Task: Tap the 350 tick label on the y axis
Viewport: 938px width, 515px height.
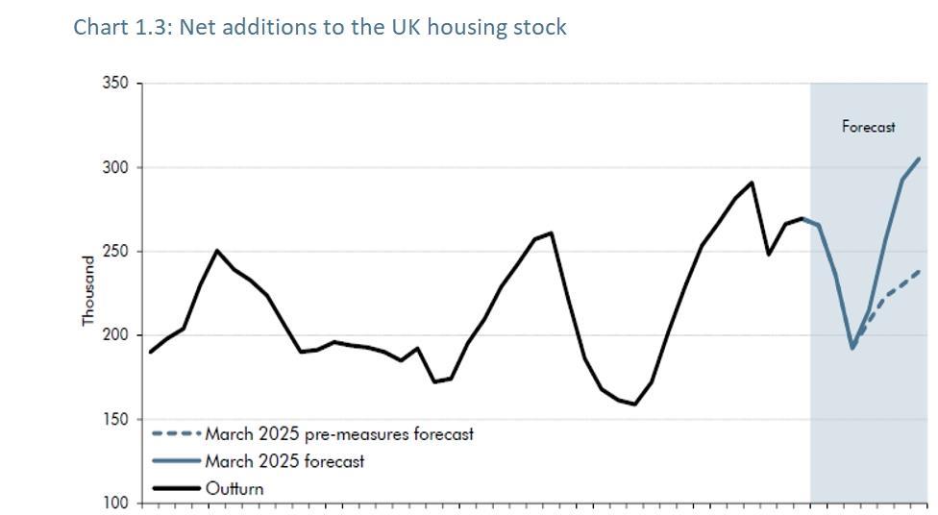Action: tap(115, 84)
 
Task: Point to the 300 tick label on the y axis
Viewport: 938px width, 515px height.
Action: tap(115, 167)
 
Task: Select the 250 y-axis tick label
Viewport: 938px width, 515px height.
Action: tap(115, 252)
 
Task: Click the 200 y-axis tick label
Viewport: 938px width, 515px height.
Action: tap(115, 335)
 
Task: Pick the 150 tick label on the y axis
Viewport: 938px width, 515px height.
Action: tap(115, 420)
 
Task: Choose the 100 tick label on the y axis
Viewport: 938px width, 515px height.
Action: tap(115, 503)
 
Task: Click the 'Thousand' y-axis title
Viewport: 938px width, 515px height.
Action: tap(88, 290)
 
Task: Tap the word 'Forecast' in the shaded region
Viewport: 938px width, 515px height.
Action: tap(868, 127)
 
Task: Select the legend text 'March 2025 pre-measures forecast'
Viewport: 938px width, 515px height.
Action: tap(339, 434)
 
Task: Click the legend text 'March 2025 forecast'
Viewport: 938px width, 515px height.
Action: tap(284, 461)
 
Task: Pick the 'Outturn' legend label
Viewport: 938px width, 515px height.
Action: tap(234, 488)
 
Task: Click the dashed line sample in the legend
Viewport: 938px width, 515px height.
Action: tap(176, 434)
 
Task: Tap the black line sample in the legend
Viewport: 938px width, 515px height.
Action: tap(176, 488)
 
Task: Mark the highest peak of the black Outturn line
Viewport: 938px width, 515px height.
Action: tap(752, 182)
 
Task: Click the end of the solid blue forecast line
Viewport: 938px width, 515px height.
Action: tap(920, 159)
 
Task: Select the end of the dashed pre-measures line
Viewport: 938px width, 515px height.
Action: tap(920, 271)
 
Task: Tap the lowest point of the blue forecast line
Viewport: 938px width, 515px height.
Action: tap(852, 348)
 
